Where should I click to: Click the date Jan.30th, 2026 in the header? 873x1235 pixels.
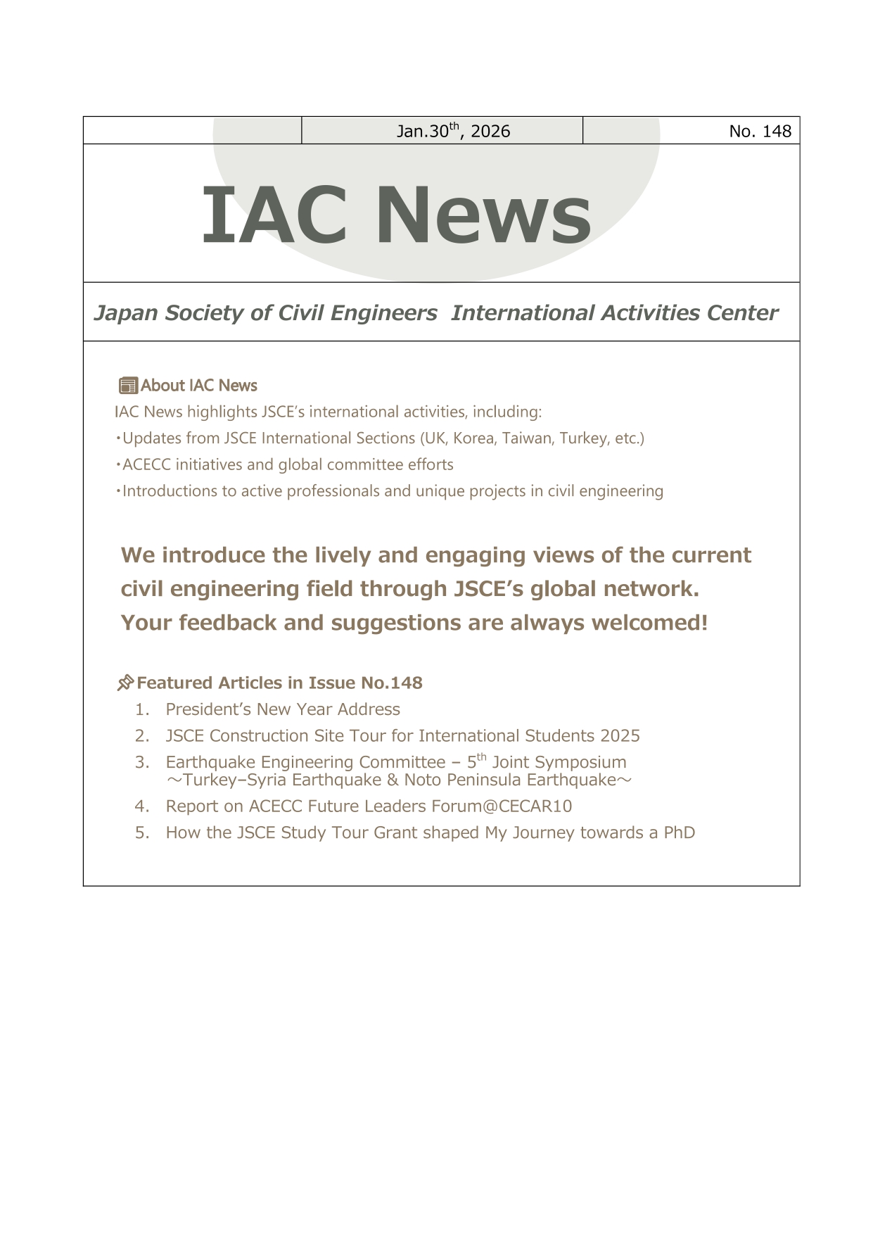click(453, 131)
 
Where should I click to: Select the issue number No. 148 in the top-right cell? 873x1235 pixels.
click(760, 131)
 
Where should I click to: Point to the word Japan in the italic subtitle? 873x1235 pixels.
click(125, 313)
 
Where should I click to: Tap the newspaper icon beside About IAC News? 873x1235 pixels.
click(128, 386)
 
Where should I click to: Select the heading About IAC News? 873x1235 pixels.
click(198, 386)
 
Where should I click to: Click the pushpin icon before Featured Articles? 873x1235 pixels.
click(125, 683)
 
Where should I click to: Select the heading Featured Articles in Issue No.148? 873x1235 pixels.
click(279, 683)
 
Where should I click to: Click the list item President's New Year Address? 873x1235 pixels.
click(283, 709)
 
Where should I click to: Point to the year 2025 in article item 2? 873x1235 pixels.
click(620, 736)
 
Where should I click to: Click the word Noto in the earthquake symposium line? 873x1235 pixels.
click(422, 780)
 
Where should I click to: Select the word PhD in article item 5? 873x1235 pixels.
click(679, 833)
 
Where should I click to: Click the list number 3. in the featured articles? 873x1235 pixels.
click(142, 762)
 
